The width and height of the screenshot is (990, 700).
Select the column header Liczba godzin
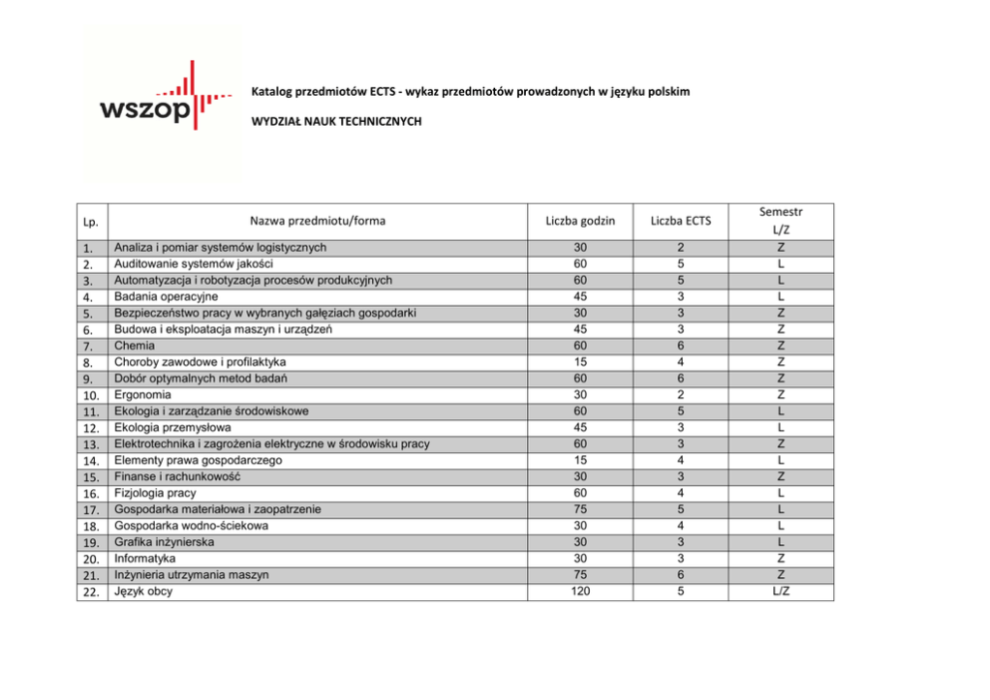click(x=580, y=221)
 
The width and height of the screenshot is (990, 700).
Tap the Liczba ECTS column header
click(x=680, y=221)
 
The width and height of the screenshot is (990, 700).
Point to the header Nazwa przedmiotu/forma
click(x=317, y=221)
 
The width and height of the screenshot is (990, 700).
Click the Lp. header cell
click(x=91, y=222)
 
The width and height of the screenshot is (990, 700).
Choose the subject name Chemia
click(x=133, y=346)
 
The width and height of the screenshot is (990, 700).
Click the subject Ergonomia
click(x=143, y=394)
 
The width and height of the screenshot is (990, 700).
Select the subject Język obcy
click(x=144, y=591)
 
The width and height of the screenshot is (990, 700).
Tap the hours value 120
click(x=580, y=591)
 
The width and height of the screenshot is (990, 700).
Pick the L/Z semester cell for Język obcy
click(x=780, y=591)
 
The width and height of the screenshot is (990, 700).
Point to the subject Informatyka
click(x=145, y=558)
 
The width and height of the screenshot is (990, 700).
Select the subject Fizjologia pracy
click(x=155, y=493)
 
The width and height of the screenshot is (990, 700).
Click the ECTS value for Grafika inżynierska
click(x=680, y=542)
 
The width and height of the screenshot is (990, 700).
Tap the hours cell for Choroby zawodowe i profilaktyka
click(x=580, y=361)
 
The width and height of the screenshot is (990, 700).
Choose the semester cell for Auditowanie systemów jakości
click(x=780, y=264)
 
